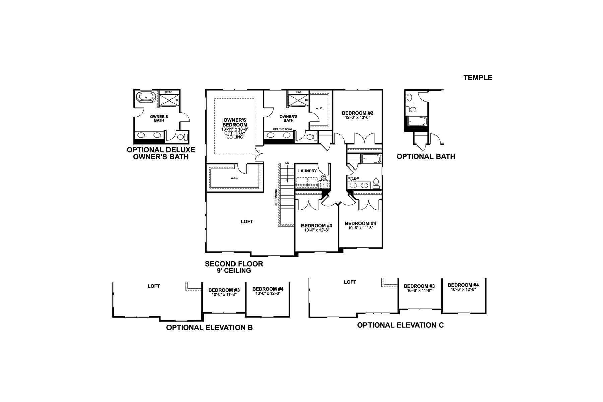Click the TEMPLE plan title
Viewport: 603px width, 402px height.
point(478,78)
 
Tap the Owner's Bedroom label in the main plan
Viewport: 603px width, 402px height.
point(235,122)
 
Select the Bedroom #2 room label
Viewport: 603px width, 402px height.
point(357,113)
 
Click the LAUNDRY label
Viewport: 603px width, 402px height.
point(307,171)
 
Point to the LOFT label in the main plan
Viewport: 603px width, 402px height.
point(247,221)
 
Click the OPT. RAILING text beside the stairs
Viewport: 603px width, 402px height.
point(276,197)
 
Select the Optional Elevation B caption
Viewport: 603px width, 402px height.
point(209,327)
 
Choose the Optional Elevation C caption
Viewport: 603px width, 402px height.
point(400,325)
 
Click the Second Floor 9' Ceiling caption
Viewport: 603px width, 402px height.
point(234,267)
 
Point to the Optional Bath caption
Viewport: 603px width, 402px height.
point(426,156)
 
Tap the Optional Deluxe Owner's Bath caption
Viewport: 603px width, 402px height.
point(161,153)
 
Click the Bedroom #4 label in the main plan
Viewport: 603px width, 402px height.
point(360,223)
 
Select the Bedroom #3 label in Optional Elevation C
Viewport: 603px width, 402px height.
point(419,286)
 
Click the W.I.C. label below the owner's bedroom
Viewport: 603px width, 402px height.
point(234,178)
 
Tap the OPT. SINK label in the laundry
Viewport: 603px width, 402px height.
point(324,178)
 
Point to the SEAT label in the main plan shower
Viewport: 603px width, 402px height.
point(298,92)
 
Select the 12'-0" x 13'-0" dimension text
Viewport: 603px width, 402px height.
point(357,118)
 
